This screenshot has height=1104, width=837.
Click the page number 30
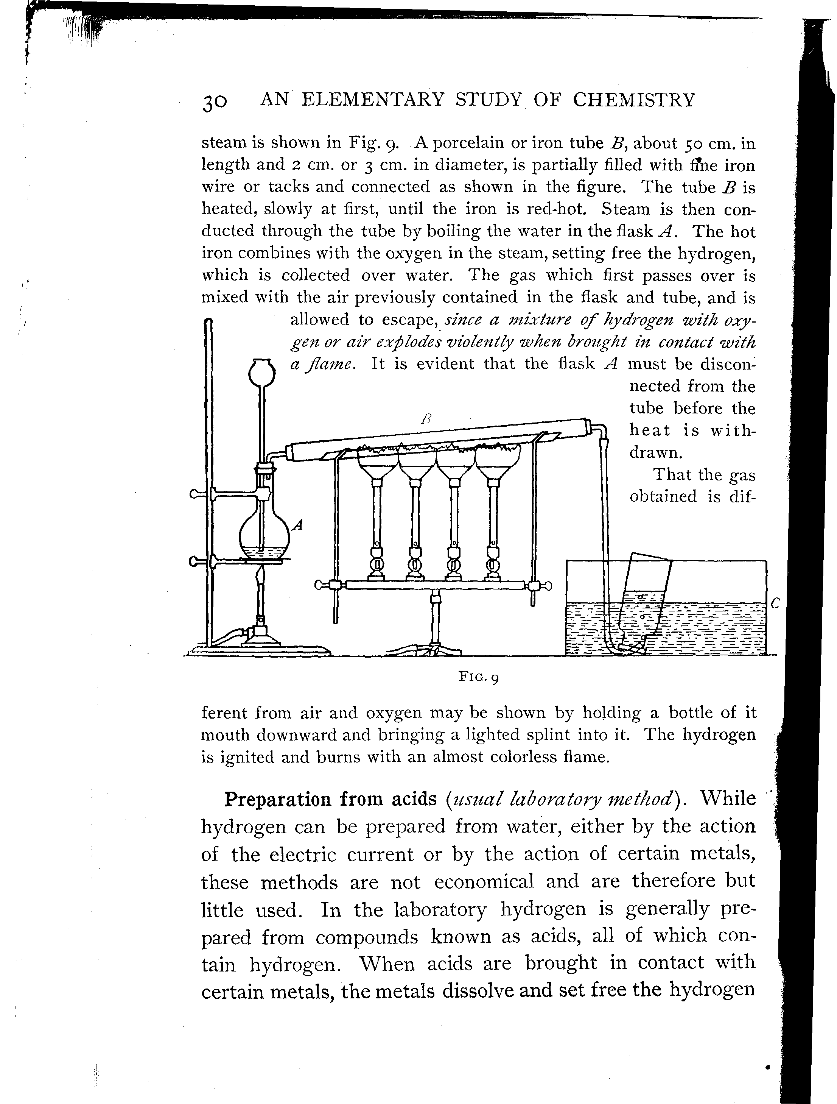pyautogui.click(x=215, y=102)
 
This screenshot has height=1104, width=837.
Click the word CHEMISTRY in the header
pyautogui.click(x=633, y=100)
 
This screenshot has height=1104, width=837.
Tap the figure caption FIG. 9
pyautogui.click(x=479, y=677)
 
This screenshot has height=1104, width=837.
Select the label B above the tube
pyautogui.click(x=425, y=419)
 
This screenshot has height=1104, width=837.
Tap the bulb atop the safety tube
pyautogui.click(x=262, y=372)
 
